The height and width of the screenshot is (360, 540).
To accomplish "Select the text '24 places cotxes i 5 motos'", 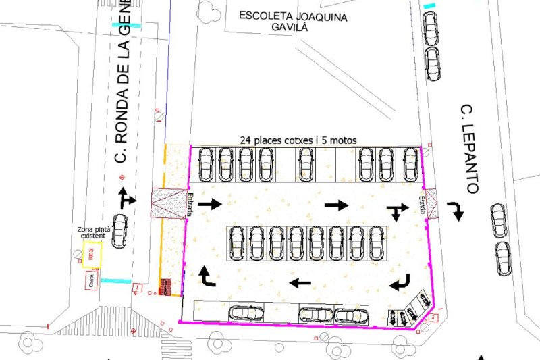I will coord(298,140).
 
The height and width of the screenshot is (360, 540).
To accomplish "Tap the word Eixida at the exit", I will coord(421,205).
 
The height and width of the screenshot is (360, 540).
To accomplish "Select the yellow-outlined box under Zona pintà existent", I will coord(92,255).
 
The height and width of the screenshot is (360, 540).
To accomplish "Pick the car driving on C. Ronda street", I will coord(119,230).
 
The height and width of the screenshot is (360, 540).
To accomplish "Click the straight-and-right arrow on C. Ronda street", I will coord(126,198).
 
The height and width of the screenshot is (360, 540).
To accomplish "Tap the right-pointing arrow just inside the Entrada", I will coord(210,204).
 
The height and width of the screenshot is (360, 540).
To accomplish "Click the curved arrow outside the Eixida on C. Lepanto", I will coord(458,211).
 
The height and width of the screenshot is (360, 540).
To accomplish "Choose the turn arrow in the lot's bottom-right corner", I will coord(400,282).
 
